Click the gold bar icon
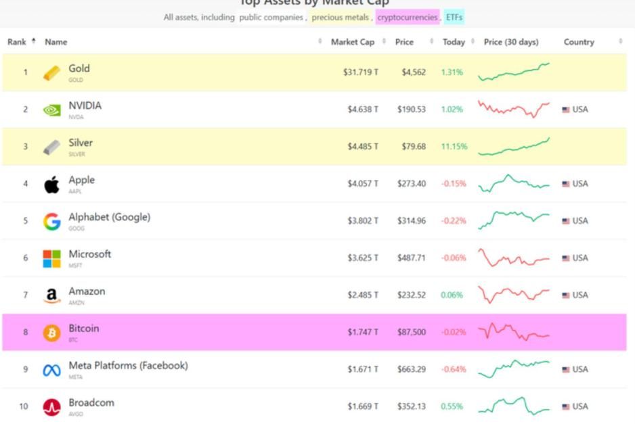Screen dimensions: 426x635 (51, 73)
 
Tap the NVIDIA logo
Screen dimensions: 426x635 (51, 110)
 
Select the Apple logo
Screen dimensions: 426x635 (51, 185)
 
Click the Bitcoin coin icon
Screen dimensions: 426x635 (51, 333)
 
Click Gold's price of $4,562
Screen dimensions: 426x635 (413, 72)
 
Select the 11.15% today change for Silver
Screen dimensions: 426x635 (454, 147)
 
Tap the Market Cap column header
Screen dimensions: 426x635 (352, 42)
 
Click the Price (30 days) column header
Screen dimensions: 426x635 (511, 42)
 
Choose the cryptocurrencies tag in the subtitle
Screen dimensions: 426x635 (408, 18)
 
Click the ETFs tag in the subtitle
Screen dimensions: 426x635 (454, 18)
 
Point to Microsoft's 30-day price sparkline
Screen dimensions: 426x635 (514, 258)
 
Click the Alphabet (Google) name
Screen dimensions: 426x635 (109, 217)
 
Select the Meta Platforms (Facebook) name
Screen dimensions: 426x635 (128, 366)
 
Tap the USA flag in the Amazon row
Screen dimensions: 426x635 (566, 295)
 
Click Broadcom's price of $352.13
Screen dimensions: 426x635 (412, 406)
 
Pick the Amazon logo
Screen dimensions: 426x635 (51, 295)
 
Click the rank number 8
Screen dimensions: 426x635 (26, 332)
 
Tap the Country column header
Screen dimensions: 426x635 (578, 42)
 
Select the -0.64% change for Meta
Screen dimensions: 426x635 (454, 369)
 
